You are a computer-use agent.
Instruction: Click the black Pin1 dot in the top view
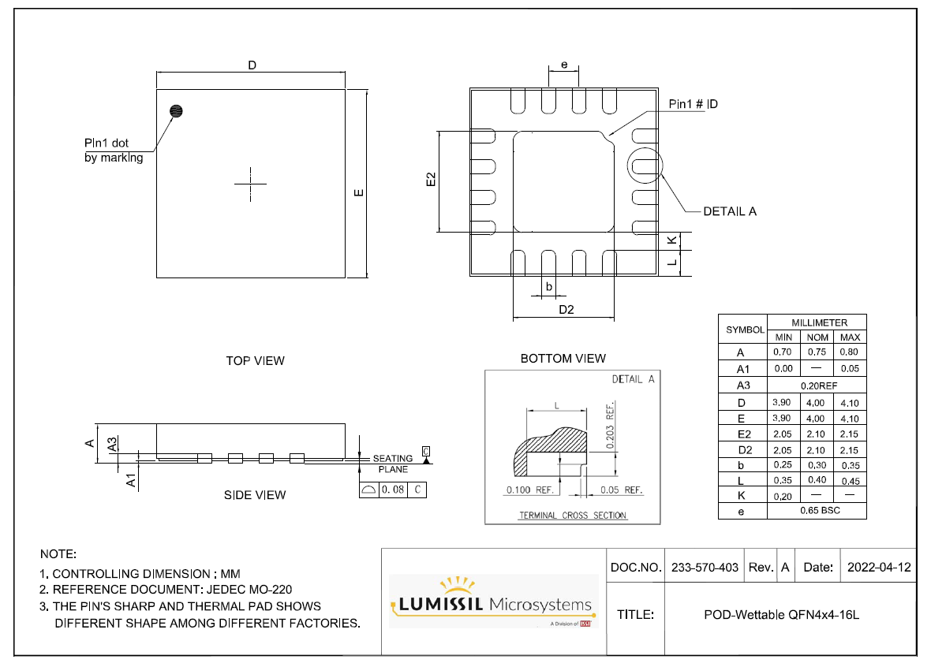tap(176, 111)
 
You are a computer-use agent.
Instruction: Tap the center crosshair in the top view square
tap(251, 184)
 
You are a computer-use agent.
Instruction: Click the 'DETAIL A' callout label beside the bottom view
tap(729, 211)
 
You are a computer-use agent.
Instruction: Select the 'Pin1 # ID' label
tap(693, 104)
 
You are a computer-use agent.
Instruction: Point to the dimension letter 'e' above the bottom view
tap(564, 65)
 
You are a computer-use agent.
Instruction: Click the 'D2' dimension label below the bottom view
tap(566, 309)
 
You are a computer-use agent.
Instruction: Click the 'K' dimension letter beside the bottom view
tap(671, 240)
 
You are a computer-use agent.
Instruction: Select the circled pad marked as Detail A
tap(645, 166)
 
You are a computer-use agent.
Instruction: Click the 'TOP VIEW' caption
tap(255, 361)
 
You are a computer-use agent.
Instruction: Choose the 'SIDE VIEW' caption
tap(255, 495)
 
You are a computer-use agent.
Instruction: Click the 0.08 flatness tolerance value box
tap(392, 490)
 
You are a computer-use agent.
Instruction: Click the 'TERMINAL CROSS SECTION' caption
tap(572, 516)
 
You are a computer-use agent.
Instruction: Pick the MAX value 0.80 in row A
tap(850, 352)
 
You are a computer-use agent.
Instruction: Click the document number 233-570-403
tap(705, 568)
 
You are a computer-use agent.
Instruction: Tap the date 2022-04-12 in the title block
tap(878, 568)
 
